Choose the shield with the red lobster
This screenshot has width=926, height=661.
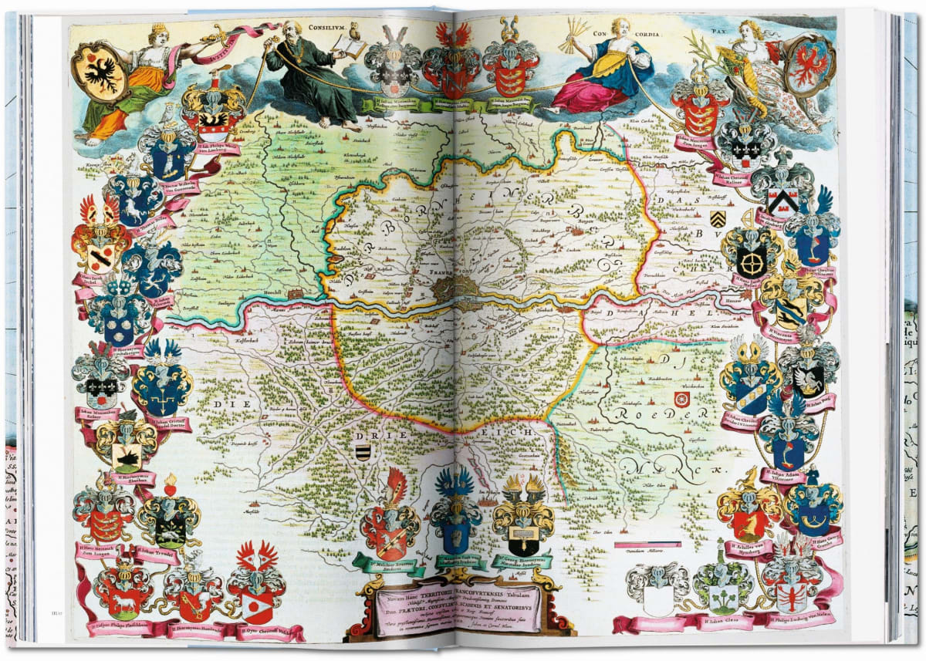click(793, 593)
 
